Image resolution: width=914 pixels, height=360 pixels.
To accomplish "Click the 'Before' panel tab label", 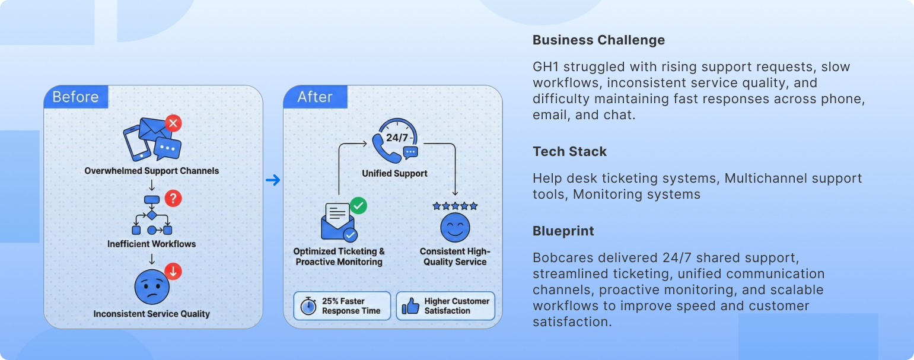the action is (75, 97).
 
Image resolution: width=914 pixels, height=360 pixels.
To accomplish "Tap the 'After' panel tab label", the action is (314, 97).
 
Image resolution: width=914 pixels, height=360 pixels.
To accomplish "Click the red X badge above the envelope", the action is (173, 123).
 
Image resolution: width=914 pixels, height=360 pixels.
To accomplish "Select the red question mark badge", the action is (173, 198).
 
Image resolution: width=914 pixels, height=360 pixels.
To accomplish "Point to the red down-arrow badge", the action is (173, 272).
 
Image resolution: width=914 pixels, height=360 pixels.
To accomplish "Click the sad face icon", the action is (152, 287).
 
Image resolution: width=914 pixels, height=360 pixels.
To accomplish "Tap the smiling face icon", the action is (455, 228).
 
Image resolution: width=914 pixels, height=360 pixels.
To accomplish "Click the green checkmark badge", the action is (358, 205).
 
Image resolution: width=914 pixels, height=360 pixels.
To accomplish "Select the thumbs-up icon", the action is (410, 305).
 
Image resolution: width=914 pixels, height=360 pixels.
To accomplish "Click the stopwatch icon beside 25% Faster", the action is (308, 305).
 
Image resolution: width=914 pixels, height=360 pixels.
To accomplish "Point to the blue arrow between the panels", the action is (273, 180).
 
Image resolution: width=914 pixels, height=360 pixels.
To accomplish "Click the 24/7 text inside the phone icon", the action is (397, 138).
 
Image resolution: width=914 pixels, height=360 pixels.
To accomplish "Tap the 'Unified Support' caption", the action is (394, 173).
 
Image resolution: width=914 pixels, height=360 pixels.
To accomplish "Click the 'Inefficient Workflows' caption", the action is (151, 244).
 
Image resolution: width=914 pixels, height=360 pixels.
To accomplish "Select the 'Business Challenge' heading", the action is (598, 40).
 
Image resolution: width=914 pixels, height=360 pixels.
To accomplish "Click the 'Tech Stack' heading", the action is (569, 151).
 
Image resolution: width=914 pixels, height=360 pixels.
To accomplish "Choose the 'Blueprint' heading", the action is (563, 231).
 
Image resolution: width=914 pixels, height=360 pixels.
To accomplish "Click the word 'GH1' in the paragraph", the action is (546, 66).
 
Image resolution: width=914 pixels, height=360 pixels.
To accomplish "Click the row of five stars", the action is (455, 206).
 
